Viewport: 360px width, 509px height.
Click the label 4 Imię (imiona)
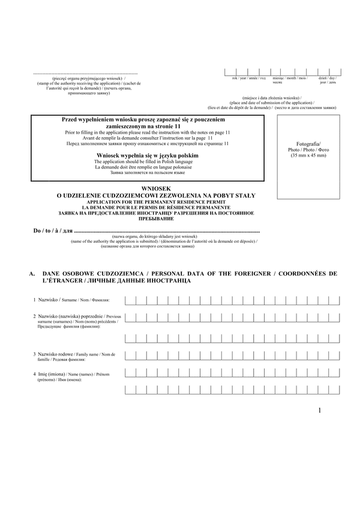tap(52, 374)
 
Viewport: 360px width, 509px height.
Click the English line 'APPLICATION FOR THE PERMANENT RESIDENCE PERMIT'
tap(155, 202)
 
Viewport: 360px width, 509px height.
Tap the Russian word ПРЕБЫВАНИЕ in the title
tap(155, 219)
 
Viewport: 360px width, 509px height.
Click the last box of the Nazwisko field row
tap(331, 300)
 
